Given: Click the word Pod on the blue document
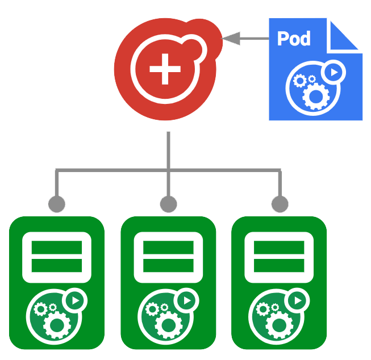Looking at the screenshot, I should tap(294, 38).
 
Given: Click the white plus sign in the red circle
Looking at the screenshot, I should tap(165, 69).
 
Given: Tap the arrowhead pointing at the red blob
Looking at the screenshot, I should tap(229, 39).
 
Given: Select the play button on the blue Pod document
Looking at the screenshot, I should tap(334, 73).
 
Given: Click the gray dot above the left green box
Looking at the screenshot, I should tap(56, 203).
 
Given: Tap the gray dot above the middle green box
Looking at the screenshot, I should tap(168, 203).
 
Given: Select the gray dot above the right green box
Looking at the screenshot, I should tap(279, 203).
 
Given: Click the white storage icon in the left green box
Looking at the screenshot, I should tap(57, 257).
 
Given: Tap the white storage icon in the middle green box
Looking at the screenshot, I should tap(168, 257).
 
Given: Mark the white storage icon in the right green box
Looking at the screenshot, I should tap(279, 257).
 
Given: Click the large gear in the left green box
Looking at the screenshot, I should tap(57, 324).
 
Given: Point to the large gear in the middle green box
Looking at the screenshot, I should tap(168, 324).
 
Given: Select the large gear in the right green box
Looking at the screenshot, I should tap(279, 324).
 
